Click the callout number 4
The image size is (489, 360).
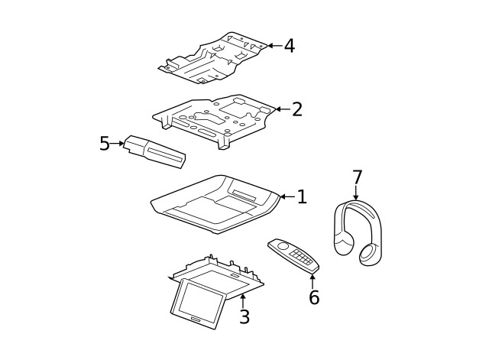click(289, 46)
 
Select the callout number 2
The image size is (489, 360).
click(296, 109)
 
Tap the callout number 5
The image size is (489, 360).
click(105, 144)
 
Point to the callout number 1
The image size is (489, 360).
click(301, 197)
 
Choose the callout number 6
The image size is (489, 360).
click(313, 297)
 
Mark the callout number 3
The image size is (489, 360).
click(244, 316)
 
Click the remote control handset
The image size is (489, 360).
click(293, 255)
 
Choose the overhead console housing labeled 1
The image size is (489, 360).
click(215, 203)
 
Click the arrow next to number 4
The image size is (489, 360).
click(273, 46)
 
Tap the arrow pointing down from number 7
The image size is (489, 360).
click(356, 194)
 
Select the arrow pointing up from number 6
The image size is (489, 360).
click(313, 278)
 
